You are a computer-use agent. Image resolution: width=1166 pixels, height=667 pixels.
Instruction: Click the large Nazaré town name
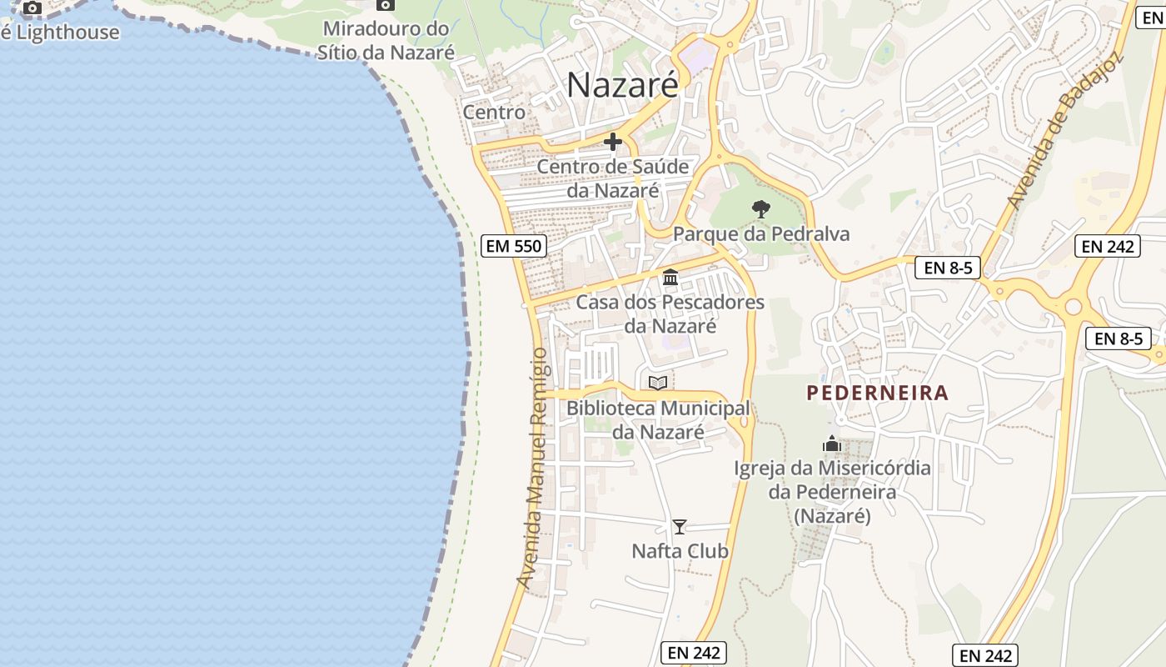coord(622,85)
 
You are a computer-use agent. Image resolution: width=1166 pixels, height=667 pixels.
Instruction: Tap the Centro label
coord(494,112)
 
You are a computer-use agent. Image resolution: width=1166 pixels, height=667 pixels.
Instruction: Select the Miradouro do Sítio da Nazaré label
coord(386,41)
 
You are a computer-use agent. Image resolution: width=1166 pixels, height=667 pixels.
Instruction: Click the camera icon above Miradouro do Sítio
coord(385,4)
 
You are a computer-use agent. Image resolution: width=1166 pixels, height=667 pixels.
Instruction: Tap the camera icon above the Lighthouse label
coord(32,8)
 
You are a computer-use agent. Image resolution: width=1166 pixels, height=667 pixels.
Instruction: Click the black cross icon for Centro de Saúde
coord(613,142)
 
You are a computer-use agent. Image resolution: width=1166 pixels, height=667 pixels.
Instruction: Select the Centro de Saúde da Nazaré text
coord(613,178)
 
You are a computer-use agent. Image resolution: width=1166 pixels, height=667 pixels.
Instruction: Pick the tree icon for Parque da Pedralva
coord(760,209)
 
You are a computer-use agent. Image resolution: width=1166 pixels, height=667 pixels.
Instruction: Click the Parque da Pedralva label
coord(761,233)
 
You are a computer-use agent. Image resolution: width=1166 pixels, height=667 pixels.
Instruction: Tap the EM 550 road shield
coord(514,246)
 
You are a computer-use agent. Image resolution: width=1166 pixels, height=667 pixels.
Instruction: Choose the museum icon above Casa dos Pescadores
coord(670,277)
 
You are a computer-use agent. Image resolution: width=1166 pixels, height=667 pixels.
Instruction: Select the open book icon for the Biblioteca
coord(658,383)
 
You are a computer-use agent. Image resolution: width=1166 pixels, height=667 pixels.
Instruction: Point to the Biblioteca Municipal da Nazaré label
coord(658,420)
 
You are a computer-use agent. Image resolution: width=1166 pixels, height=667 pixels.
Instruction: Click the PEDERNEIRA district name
coord(878,393)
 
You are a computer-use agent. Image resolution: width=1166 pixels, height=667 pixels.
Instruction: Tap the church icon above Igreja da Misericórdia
coord(832,444)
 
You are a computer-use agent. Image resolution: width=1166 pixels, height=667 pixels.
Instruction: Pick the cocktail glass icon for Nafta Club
coord(680,526)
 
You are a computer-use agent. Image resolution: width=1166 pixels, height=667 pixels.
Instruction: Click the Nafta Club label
coord(680,551)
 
